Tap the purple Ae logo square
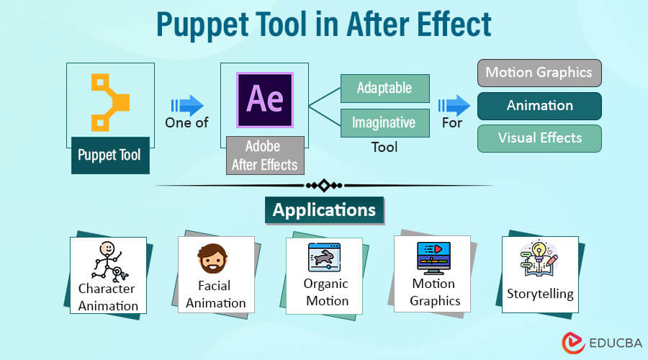click(265, 100)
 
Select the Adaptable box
click(384, 88)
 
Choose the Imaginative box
click(384, 122)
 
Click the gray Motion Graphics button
click(539, 73)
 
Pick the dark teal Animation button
click(539, 106)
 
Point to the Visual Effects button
click(539, 138)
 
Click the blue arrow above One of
click(187, 105)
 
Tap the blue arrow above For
click(454, 105)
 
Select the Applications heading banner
click(325, 210)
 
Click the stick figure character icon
click(109, 261)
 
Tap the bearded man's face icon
click(212, 258)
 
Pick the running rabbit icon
click(325, 257)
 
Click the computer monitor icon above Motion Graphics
click(433, 258)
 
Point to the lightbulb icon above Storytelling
click(539, 258)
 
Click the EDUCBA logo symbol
click(573, 343)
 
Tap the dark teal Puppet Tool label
click(110, 156)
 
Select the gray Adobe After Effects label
click(265, 156)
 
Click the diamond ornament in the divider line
click(324, 186)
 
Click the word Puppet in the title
click(202, 24)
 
